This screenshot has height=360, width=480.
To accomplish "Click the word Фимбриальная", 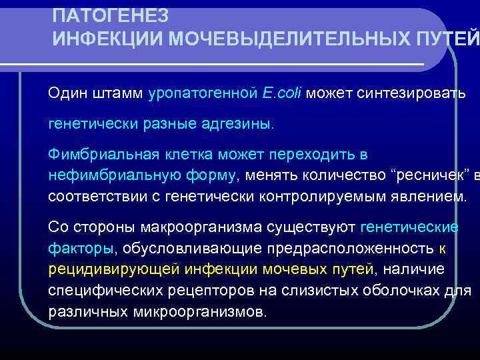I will (102, 155).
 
